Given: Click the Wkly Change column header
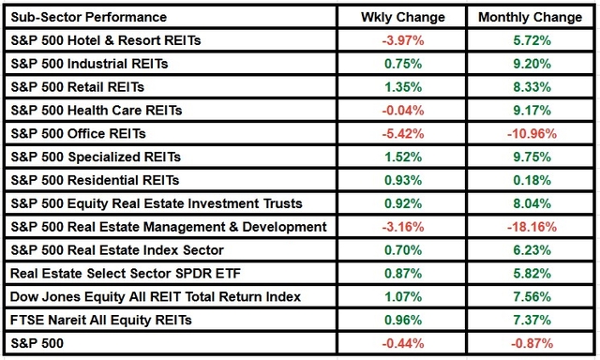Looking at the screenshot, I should tap(402, 18).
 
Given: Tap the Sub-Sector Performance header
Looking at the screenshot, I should tap(88, 18).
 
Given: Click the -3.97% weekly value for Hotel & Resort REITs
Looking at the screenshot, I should tap(402, 41).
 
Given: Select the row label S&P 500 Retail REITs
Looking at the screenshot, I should tap(77, 88).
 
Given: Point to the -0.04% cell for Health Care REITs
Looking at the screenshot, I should tap(402, 111).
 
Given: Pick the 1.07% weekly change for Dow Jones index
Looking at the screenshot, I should tap(402, 297).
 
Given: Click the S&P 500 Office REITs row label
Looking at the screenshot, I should tap(75, 134).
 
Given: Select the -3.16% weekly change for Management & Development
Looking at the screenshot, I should tap(402, 228).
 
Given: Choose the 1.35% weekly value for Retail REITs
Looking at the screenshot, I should tap(402, 88).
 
